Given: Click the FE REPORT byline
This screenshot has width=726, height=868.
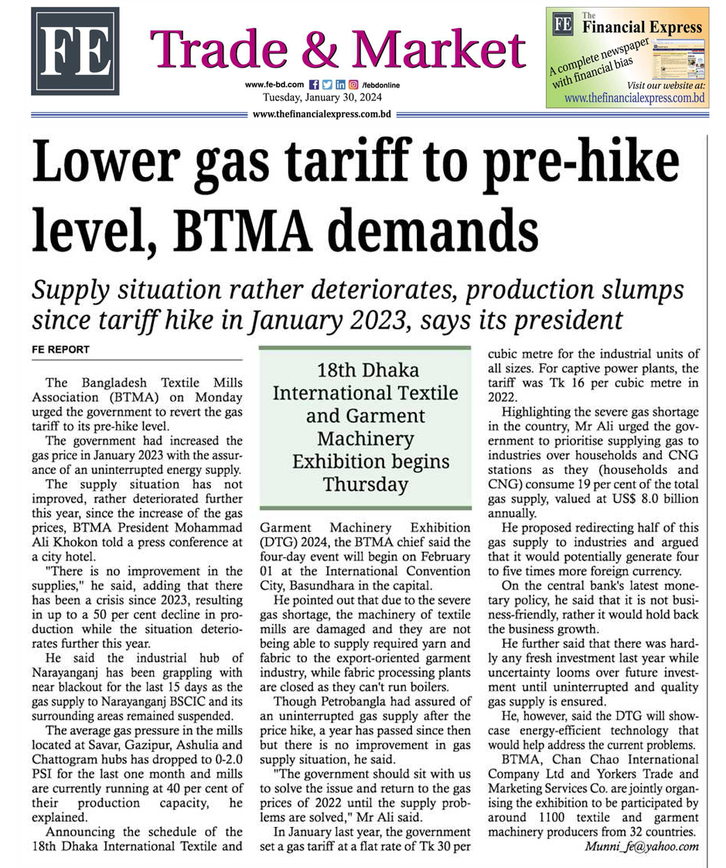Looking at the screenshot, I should pyautogui.click(x=61, y=350).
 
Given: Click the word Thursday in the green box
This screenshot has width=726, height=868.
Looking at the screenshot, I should pyautogui.click(x=365, y=485).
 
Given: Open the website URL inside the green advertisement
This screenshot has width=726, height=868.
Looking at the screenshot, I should pyautogui.click(x=634, y=98).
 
